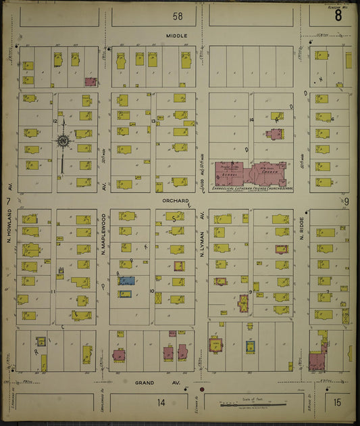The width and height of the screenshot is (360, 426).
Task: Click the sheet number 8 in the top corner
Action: click(x=338, y=16)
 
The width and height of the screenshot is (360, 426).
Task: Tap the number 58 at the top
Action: click(x=177, y=16)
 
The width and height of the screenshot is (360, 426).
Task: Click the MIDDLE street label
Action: click(x=177, y=35)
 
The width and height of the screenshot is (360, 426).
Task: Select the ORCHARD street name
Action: click(x=173, y=201)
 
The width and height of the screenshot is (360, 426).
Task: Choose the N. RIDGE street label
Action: click(x=302, y=231)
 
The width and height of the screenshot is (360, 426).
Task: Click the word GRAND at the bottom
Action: click(x=144, y=383)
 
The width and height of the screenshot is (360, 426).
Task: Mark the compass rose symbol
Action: click(x=63, y=141)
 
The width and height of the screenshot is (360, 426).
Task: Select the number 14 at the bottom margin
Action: click(x=161, y=403)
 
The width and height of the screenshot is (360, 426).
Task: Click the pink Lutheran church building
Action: click(x=263, y=172)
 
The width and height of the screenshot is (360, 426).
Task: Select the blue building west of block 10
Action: click(x=126, y=281)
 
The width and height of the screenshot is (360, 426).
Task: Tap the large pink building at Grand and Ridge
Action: click(x=316, y=360)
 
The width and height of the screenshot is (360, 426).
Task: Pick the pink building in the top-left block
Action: click(x=90, y=82)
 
